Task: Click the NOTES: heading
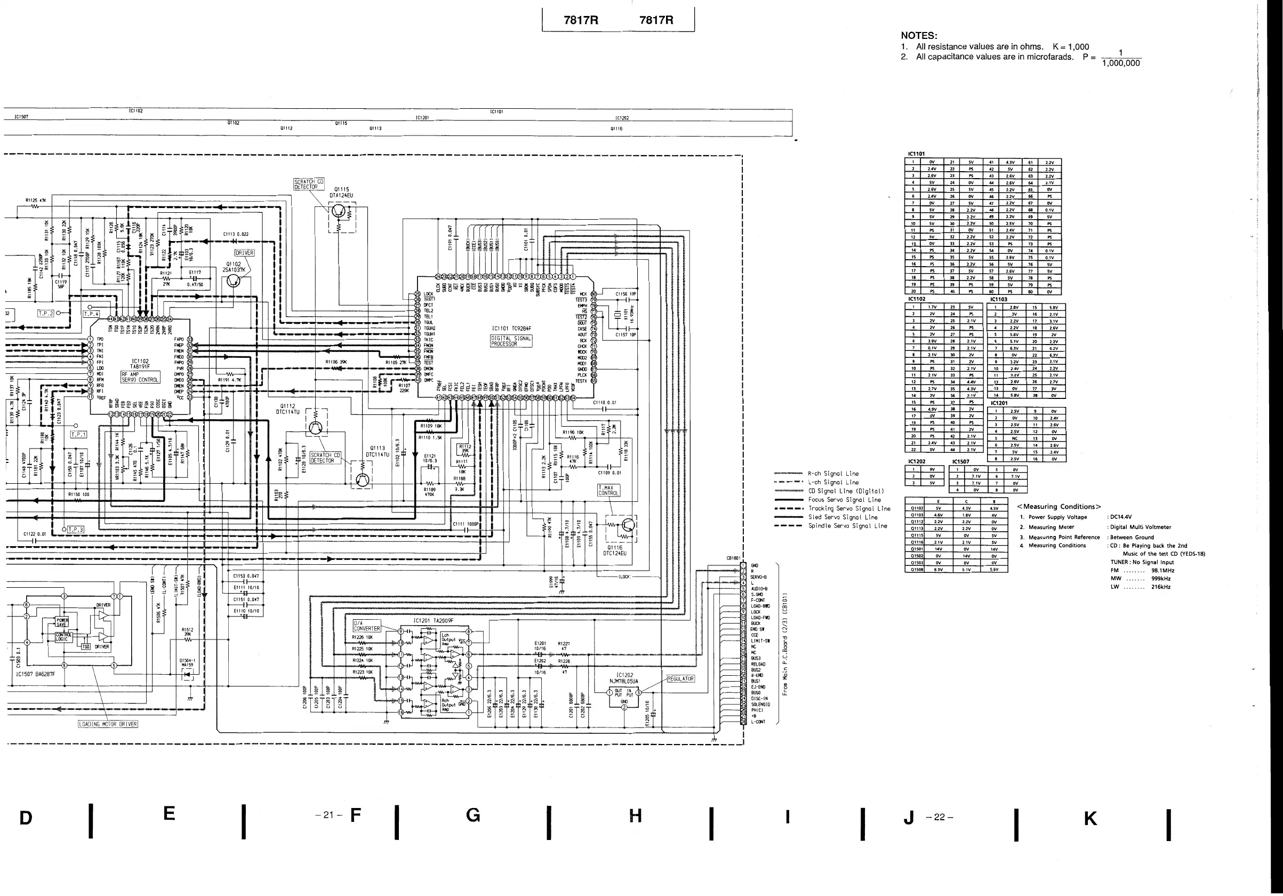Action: click(x=919, y=36)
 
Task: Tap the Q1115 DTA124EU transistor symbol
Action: click(x=339, y=211)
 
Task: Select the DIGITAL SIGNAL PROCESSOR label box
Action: click(x=511, y=341)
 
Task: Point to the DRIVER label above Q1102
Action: click(x=244, y=253)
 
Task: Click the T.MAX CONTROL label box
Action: click(x=608, y=491)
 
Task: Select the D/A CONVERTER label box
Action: click(x=366, y=626)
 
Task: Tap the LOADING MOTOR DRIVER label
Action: click(x=108, y=724)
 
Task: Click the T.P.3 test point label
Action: click(x=75, y=529)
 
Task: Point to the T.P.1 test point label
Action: click(x=78, y=434)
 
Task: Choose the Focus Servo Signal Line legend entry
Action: click(x=844, y=500)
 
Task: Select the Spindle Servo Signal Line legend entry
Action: click(x=847, y=526)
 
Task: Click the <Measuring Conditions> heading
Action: click(x=1059, y=507)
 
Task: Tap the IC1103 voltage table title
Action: click(x=999, y=300)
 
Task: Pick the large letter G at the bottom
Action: click(x=473, y=815)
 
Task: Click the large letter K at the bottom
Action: click(x=1090, y=818)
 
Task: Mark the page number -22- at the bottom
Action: click(x=940, y=817)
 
